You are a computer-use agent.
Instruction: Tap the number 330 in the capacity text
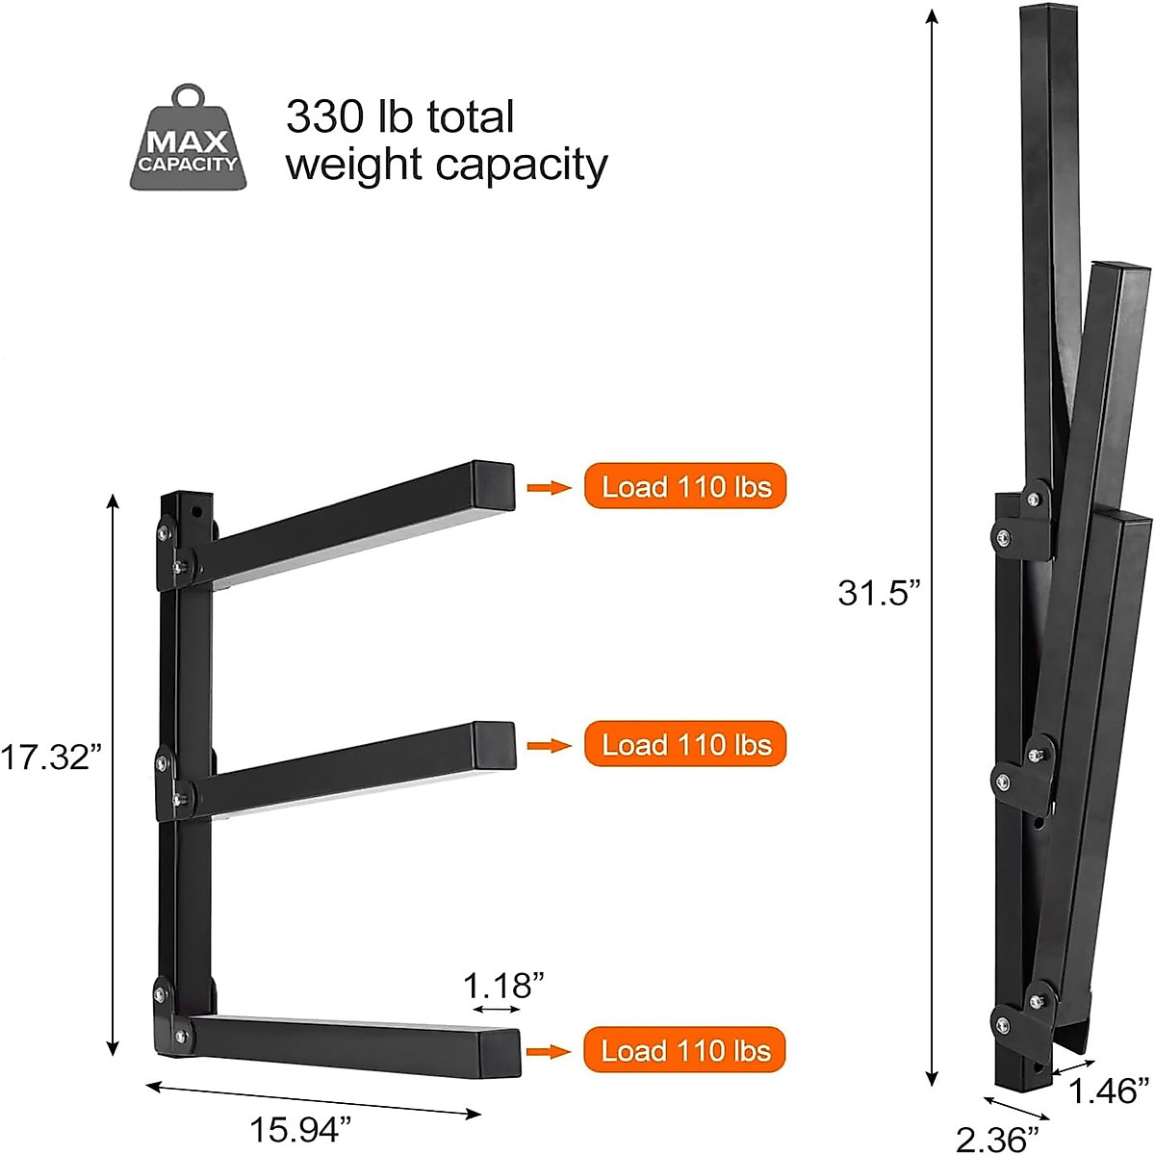tap(322, 117)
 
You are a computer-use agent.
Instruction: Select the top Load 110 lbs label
tap(685, 486)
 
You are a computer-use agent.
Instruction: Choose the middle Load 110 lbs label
tap(685, 744)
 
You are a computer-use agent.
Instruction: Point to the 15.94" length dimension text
tap(300, 1129)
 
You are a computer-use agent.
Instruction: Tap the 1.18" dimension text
tap(503, 986)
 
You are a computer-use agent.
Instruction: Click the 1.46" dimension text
tap(1109, 1091)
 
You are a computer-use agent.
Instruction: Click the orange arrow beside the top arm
tap(550, 487)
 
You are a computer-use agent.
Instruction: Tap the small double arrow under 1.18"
tap(498, 1010)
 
